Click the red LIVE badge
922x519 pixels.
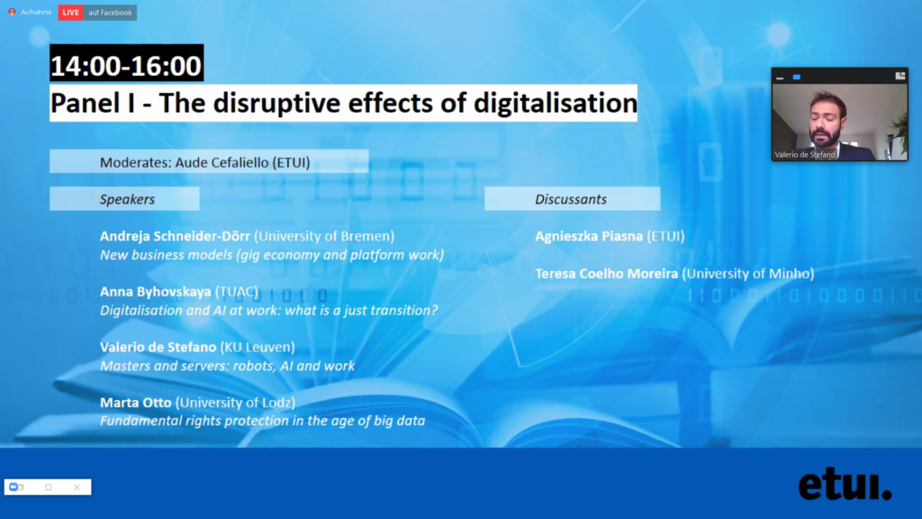(70, 13)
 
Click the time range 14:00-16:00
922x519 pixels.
(126, 65)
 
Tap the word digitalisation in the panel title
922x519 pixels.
(555, 103)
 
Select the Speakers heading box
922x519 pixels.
(124, 199)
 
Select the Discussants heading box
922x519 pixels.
(572, 199)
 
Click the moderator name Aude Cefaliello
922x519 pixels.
(221, 162)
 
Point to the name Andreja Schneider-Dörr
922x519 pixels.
(176, 236)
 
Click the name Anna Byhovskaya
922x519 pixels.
(156, 292)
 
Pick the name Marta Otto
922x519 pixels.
(136, 403)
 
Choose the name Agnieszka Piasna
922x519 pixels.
(589, 236)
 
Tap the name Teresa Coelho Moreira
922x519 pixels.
(606, 274)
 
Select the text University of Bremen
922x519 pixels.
(324, 236)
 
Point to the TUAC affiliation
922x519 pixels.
(237, 292)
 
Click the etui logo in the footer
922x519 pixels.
(845, 484)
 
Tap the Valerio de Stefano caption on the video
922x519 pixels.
(804, 155)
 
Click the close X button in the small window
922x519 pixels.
(77, 487)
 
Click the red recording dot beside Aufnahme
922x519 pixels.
(12, 12)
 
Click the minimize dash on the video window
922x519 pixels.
(781, 77)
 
